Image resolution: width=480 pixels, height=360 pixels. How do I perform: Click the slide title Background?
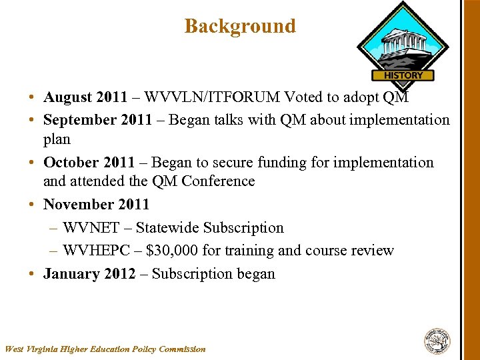pyautogui.click(x=239, y=26)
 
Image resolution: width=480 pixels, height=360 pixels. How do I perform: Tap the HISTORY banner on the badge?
pyautogui.click(x=403, y=75)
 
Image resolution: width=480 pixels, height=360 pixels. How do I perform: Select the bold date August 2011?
pyautogui.click(x=85, y=97)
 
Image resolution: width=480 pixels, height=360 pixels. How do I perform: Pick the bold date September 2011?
pyautogui.click(x=95, y=120)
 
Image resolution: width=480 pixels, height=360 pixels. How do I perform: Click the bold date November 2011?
pyautogui.click(x=96, y=205)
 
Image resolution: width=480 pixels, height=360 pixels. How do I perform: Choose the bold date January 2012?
pyautogui.click(x=88, y=274)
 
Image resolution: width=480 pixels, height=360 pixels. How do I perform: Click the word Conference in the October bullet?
pyautogui.click(x=222, y=181)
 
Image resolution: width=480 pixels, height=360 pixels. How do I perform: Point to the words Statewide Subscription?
pyautogui.click(x=209, y=228)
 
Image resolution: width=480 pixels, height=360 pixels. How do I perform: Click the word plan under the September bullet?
pyautogui.click(x=57, y=139)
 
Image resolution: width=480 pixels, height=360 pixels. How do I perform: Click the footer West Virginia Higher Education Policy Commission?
pyautogui.click(x=105, y=349)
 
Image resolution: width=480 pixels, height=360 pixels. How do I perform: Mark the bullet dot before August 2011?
pyautogui.click(x=32, y=98)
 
